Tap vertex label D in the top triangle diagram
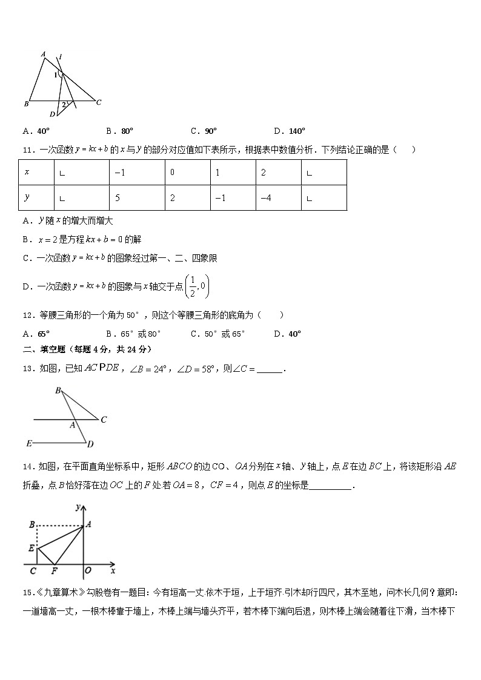coord(52,114)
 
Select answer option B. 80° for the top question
coord(119,131)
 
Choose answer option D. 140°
coord(290,131)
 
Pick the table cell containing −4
coord(278,197)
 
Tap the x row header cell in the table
coord(36,173)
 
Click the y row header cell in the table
coord(36,197)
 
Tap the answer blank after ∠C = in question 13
coord(270,369)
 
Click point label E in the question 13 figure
coord(28,444)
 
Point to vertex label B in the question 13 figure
coord(58,391)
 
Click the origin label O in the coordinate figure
coord(88,570)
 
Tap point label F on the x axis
coord(55,571)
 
